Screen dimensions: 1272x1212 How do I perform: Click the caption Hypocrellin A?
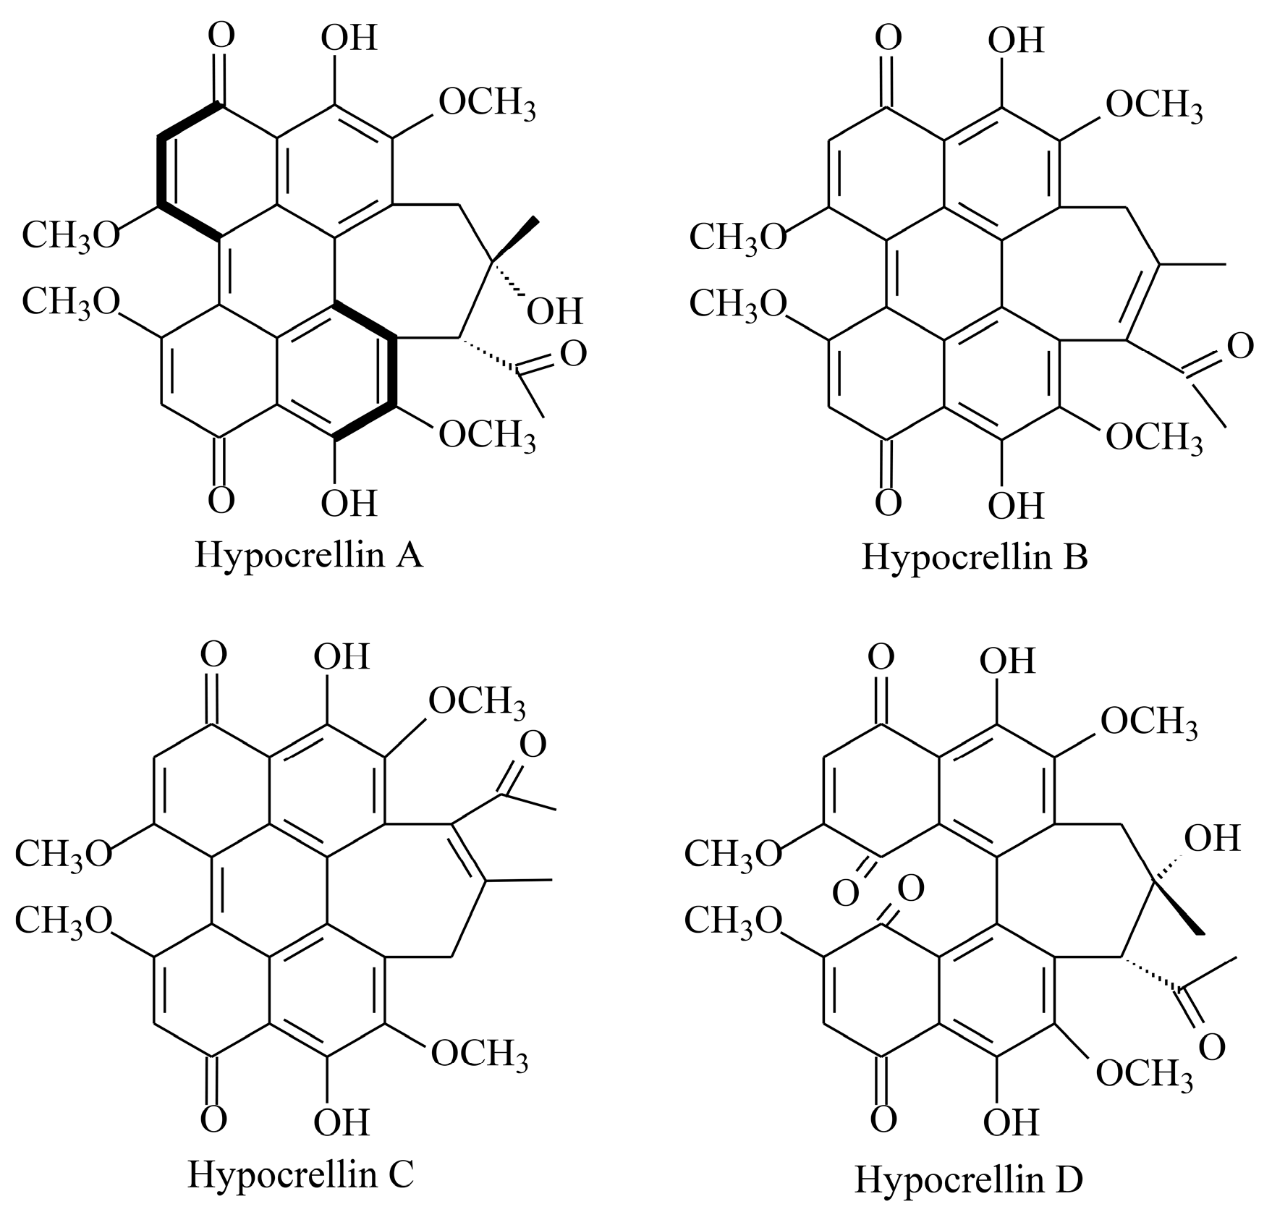309,555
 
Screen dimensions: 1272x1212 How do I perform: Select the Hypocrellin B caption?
975,557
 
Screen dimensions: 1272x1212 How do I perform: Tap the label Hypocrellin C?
300,1173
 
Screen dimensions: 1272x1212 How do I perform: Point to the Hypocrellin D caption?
969,1178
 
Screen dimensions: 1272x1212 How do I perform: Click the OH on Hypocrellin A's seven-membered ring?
554,312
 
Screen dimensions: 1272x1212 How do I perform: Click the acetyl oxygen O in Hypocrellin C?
533,745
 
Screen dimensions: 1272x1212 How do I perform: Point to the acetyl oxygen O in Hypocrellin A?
573,355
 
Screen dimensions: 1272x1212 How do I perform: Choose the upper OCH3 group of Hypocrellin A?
487,104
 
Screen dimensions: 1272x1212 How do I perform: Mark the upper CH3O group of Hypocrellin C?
64,853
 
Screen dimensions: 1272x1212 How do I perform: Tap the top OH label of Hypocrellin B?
1016,41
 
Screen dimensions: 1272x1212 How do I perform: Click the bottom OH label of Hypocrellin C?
342,1122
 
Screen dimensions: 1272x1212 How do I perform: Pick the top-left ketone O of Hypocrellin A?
221,35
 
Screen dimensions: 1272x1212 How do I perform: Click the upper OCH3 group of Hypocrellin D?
1149,722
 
